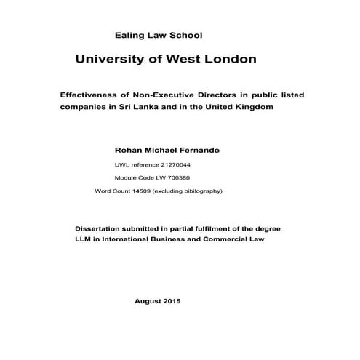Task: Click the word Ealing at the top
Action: pos(129,34)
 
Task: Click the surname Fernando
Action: pos(195,150)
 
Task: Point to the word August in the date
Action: pos(149,300)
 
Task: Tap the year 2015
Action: pos(173,300)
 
